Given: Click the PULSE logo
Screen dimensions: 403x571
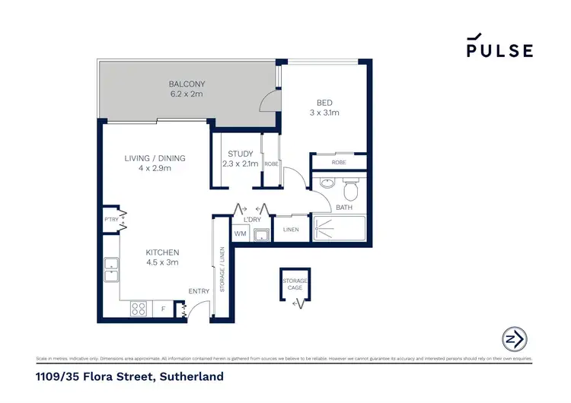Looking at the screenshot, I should coord(499,47).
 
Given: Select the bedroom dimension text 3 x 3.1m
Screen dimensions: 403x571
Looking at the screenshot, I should coord(324,113).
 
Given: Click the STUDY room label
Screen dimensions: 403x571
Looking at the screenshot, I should coord(240,154).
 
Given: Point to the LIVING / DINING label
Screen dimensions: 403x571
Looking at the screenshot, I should coord(155,158).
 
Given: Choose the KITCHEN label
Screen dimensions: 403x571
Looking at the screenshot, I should coord(162,252).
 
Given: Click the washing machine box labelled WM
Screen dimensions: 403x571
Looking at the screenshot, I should coord(240,233).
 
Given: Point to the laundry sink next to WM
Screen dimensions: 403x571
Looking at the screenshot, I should coord(261,233).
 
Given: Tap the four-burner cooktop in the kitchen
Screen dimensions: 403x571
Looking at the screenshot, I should coord(139,308).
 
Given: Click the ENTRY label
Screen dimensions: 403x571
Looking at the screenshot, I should coord(199,291).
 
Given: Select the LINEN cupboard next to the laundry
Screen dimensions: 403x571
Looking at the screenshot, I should coord(290,230).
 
